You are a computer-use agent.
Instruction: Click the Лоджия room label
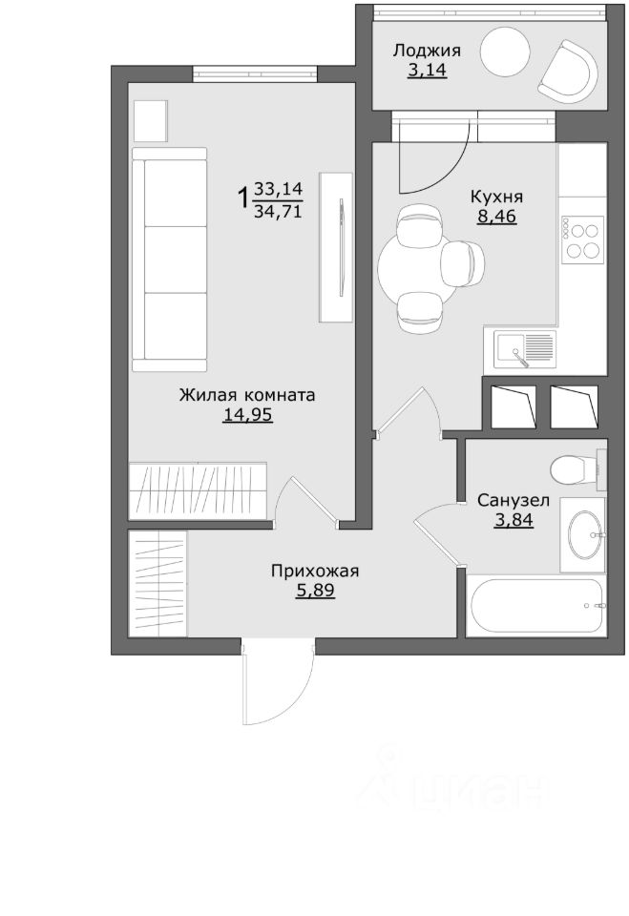426,51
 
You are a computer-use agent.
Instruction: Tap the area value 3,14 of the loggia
427,70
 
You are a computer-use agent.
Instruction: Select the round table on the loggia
505,52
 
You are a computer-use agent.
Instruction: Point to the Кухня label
496,197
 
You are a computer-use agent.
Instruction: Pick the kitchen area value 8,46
497,217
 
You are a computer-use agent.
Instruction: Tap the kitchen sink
524,349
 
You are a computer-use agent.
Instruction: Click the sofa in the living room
170,260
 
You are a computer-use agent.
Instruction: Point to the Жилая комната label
246,395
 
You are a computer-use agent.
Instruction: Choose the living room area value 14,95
247,415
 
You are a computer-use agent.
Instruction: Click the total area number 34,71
278,211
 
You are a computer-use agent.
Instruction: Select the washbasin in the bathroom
584,535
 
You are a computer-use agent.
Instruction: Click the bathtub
536,606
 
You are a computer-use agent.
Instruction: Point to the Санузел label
514,501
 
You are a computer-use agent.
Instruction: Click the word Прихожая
315,572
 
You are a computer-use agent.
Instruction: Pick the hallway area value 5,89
315,592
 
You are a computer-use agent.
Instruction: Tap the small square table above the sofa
151,120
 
